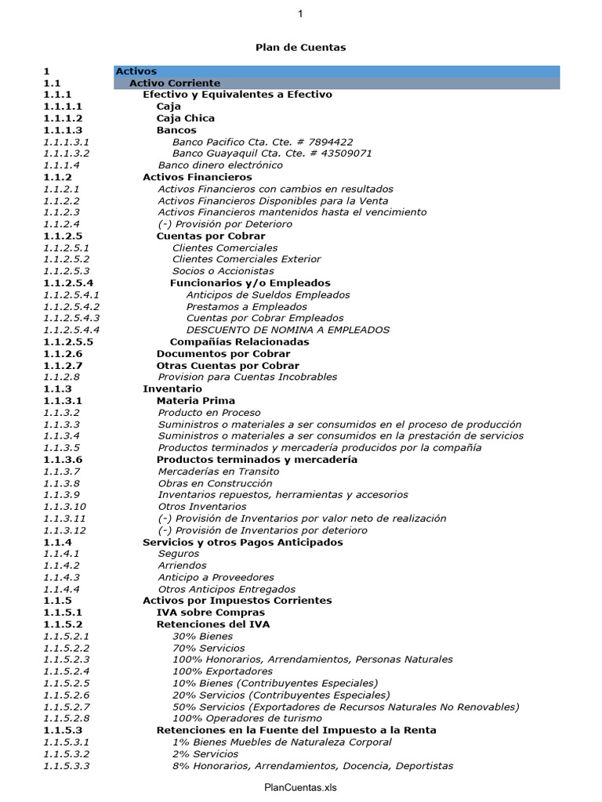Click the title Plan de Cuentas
(300, 48)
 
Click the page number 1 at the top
(300, 13)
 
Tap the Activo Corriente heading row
(175, 83)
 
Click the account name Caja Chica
(185, 118)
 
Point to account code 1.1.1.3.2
(67, 154)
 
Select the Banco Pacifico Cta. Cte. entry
(262, 142)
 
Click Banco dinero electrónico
(220, 165)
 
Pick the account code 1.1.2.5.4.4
(71, 330)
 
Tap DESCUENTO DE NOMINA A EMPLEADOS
(288, 330)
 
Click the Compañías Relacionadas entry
(239, 341)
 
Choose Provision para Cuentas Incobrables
(248, 377)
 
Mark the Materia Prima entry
(195, 400)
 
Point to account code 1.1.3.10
(64, 507)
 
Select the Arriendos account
(182, 565)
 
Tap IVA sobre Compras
(210, 612)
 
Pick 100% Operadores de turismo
(247, 718)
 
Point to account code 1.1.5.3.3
(67, 765)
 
